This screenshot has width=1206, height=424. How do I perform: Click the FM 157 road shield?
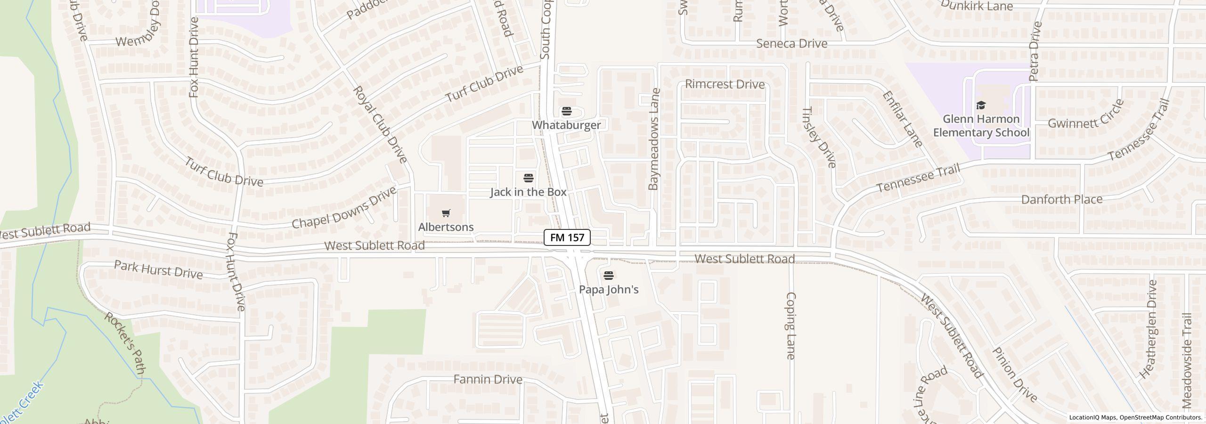point(567,237)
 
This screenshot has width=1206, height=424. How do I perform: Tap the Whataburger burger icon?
point(566,111)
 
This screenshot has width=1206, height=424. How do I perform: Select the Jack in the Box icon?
point(529,178)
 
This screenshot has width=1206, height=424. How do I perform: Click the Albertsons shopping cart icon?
point(446,213)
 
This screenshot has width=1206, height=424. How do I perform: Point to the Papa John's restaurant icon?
point(609,275)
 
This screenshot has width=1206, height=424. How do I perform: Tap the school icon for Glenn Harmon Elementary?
point(981,105)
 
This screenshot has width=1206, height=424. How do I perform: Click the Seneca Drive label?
point(791,44)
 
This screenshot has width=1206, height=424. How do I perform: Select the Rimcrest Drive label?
point(725,84)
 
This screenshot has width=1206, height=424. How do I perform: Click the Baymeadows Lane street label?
point(654,139)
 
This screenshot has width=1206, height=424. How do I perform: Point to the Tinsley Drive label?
point(819,137)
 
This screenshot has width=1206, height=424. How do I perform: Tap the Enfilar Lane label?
point(902,119)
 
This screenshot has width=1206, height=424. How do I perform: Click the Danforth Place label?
point(1061,199)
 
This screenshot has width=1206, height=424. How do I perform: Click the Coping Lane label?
point(791,326)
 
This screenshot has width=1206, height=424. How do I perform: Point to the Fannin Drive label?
point(488,379)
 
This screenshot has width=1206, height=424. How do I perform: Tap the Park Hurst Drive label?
point(158,269)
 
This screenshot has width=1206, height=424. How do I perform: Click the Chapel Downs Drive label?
point(344,208)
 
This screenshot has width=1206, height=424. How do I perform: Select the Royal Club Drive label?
point(380,124)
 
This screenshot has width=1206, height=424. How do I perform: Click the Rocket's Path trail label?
point(124,343)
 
